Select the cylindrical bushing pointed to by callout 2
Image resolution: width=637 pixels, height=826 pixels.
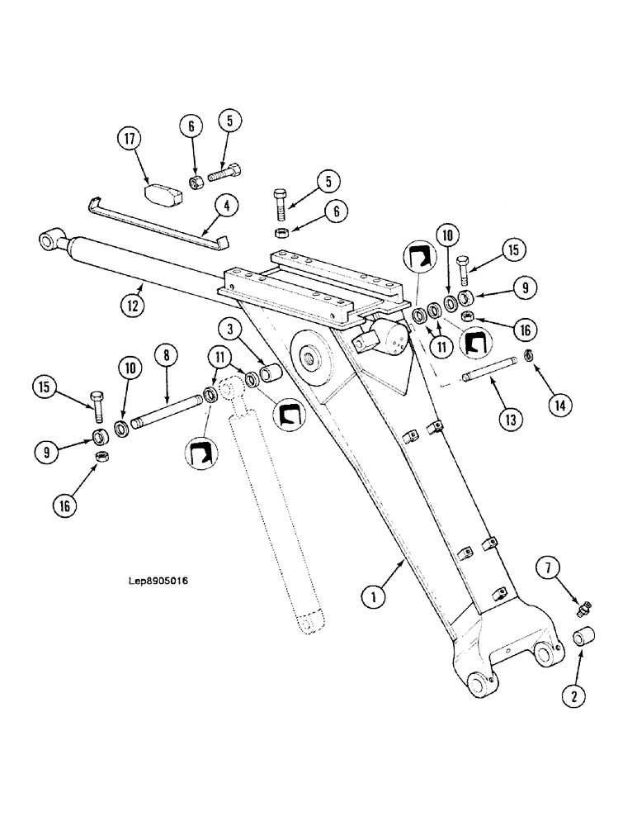(x=583, y=640)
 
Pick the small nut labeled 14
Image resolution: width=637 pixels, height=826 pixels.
(x=530, y=356)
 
